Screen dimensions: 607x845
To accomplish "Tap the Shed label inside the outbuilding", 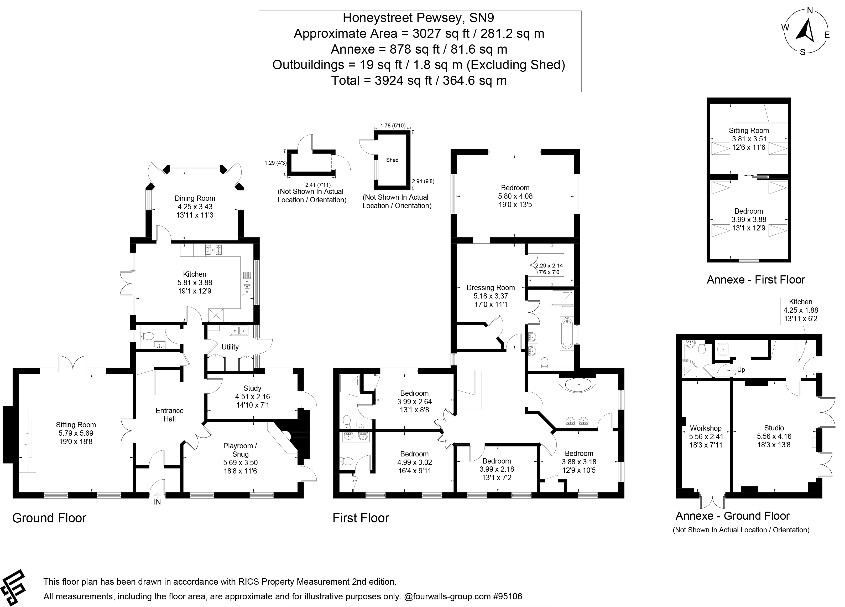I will (x=392, y=160).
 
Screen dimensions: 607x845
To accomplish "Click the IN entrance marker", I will (x=157, y=502).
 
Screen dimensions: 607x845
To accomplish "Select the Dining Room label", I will (x=195, y=198).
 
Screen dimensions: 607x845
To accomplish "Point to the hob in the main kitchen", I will (x=213, y=250).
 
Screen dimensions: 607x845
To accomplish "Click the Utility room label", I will (x=230, y=347).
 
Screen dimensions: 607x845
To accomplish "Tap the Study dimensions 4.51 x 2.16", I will (x=252, y=397).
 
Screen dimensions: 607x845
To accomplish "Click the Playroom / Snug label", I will (x=240, y=450).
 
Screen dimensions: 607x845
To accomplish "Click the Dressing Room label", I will (x=490, y=287).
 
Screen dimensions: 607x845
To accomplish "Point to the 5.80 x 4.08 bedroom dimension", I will (x=515, y=196).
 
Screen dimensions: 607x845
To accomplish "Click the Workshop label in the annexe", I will (x=705, y=428).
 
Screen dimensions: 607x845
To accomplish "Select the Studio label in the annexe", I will (x=774, y=428).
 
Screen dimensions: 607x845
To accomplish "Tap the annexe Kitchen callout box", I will (x=801, y=310).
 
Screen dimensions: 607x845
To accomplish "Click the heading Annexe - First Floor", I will (x=755, y=280).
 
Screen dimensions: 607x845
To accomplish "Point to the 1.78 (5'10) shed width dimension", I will (x=393, y=126).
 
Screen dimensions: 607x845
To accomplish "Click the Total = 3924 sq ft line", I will (x=419, y=80).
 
